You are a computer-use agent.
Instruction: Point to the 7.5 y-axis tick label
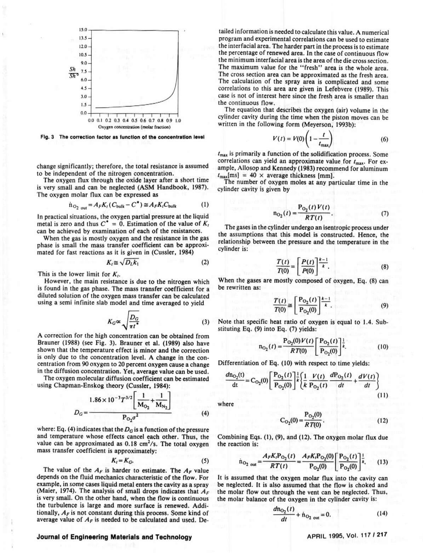pyautogui.click(x=83, y=71)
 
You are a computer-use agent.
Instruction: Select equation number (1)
pyautogui.click(x=205, y=205)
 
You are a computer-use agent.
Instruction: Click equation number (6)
pyautogui.click(x=384, y=139)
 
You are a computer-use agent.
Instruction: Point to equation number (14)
pyautogui.click(x=382, y=513)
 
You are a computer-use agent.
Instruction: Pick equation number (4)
pyautogui.click(x=205, y=413)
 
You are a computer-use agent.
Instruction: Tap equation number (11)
pyautogui.click(x=382, y=395)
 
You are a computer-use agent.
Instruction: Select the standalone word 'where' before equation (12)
pyautogui.click(x=226, y=404)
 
